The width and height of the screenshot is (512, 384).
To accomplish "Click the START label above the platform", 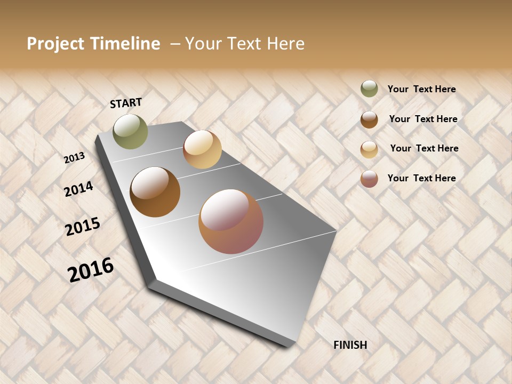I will point(126,103).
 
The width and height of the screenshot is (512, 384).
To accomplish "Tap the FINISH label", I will point(350,345).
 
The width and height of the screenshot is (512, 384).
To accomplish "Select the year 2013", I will point(75,158).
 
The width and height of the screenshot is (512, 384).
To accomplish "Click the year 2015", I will point(83,227).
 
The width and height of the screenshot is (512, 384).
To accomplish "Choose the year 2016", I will point(91,270).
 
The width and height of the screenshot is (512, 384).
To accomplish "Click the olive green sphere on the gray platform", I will point(131,131).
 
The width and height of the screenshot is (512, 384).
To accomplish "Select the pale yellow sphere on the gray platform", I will point(202,149).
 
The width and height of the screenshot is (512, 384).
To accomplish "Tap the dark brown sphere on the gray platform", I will point(155,192).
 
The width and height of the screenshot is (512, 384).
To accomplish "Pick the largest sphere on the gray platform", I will point(231,221).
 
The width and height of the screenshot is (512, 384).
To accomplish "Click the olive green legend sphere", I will point(369,89).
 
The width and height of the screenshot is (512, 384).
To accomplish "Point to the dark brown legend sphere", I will point(369,119).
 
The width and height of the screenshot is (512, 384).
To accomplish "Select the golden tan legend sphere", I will point(369,149).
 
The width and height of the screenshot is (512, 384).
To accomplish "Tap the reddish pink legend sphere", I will point(369,179).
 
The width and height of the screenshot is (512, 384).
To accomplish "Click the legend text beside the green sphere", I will point(421,89).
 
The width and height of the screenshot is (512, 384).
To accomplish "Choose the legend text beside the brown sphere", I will point(423,119).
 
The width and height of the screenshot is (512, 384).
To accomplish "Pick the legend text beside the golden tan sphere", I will point(424,148).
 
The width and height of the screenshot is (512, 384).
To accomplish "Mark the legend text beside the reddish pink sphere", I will point(421,178).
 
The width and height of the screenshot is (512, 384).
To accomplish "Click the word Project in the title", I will point(55,44).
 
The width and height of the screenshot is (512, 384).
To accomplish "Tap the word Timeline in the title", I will point(125,44).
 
